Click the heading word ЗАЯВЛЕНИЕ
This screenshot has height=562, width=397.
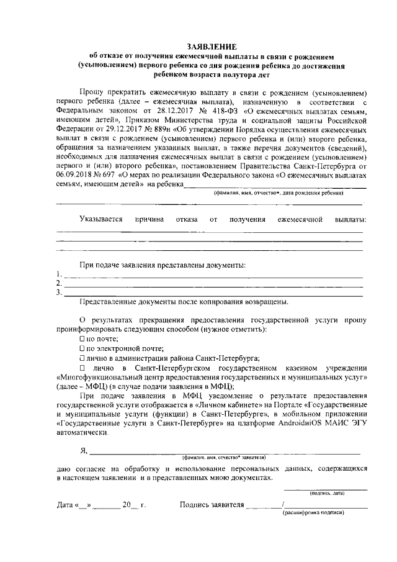click(x=212, y=47)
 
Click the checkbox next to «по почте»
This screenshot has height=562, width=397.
click(x=82, y=339)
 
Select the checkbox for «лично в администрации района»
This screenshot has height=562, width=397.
click(x=82, y=358)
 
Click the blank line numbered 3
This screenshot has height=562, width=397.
click(x=211, y=292)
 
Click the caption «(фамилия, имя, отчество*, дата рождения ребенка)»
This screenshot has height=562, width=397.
click(x=279, y=193)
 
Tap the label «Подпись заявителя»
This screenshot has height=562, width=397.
click(x=211, y=505)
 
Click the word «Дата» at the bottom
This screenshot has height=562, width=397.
click(x=65, y=505)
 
